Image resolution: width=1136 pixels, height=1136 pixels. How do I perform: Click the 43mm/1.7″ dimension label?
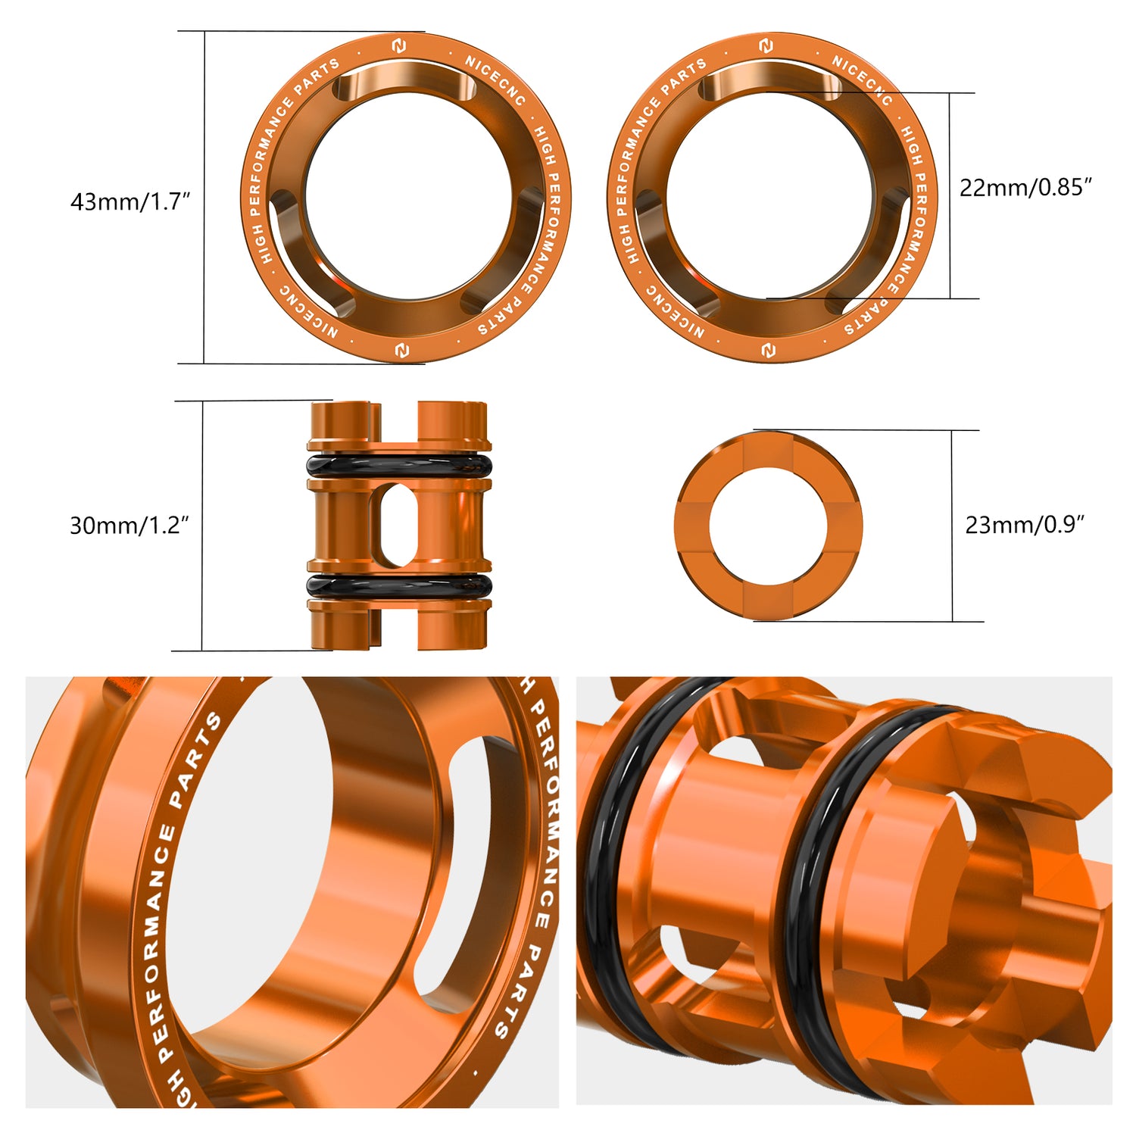coord(130,202)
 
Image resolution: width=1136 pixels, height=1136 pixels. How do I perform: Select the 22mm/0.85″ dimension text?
coord(1025,188)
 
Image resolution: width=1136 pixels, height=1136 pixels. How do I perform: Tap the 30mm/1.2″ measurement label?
coord(129,525)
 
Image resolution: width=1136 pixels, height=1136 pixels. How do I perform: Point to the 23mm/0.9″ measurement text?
coord(1024,525)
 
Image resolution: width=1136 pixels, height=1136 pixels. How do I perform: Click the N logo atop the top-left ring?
coord(399,47)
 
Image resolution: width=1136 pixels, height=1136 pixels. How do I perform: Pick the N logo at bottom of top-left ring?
coord(401,350)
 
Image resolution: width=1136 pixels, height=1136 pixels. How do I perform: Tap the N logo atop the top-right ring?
coord(766,45)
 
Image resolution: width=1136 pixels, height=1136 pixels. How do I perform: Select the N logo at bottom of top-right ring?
coord(768,351)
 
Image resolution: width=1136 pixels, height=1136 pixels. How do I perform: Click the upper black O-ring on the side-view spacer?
coord(399,464)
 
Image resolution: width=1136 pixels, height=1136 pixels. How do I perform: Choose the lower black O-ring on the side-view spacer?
coord(399,585)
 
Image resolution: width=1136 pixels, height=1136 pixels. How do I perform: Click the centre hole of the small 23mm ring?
coord(768,526)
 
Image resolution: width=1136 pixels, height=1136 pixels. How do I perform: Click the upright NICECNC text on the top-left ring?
coord(495,80)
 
